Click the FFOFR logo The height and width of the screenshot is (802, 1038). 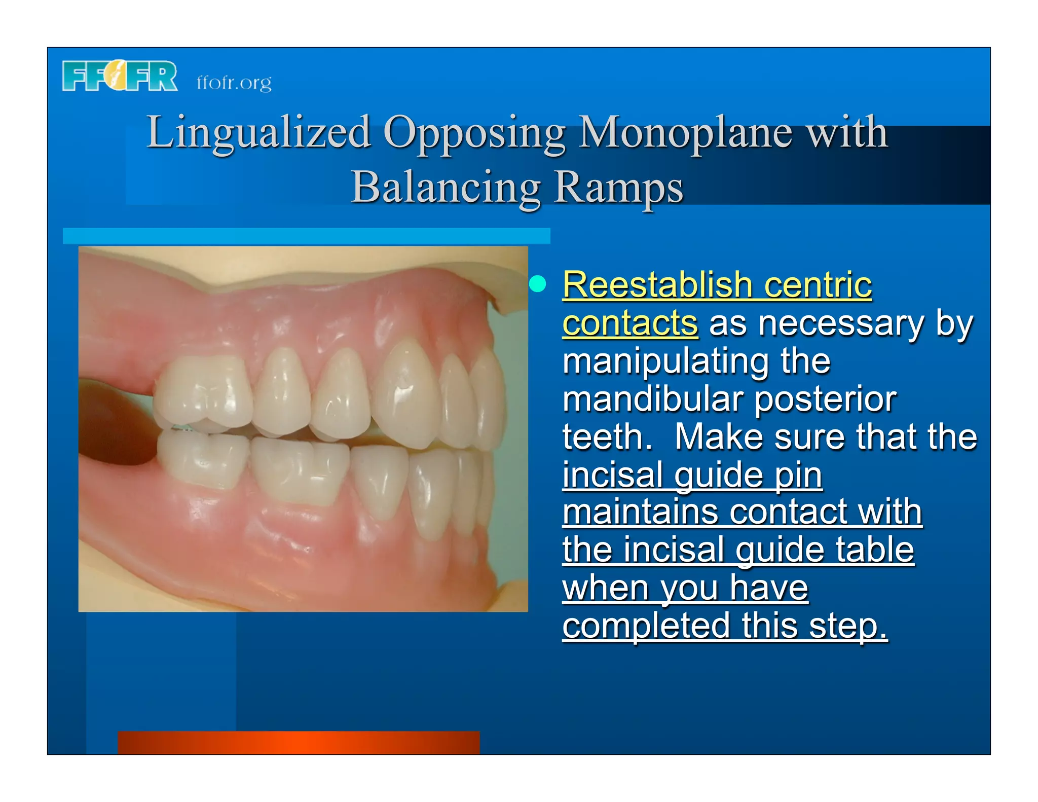[120, 76]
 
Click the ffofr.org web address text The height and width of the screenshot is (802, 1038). [234, 83]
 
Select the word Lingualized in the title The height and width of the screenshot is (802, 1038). [258, 133]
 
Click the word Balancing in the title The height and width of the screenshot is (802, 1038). [446, 188]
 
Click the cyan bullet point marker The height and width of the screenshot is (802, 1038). [538, 284]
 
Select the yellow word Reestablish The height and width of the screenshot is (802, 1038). [657, 285]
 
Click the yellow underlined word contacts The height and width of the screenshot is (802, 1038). [630, 323]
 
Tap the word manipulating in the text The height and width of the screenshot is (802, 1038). [665, 361]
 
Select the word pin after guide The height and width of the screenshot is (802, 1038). [798, 475]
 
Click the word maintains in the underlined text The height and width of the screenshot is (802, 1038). [640, 513]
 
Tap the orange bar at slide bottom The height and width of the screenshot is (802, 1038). [299, 742]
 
